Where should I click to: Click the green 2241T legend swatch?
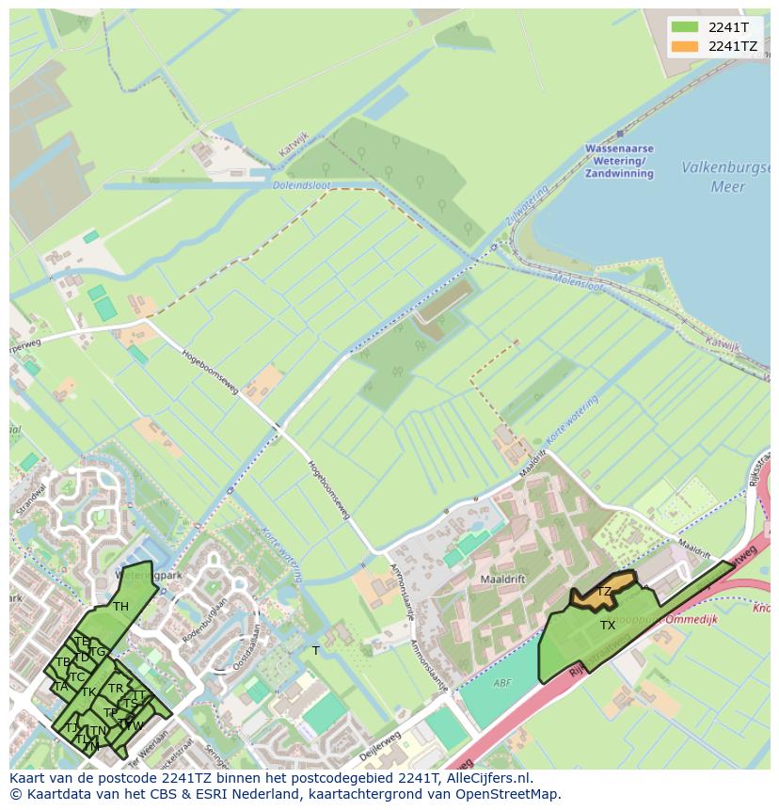tap(685, 27)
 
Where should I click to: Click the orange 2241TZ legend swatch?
tap(685, 46)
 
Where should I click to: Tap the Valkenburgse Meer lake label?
tap(727, 177)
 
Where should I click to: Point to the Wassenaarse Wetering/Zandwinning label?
tap(619, 161)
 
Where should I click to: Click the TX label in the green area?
tap(608, 626)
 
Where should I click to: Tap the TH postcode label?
tap(120, 607)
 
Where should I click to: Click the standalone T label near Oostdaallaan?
tap(316, 650)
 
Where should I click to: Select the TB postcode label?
tap(63, 662)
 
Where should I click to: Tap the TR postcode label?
tap(116, 689)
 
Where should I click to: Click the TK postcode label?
tap(88, 692)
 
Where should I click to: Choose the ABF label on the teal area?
tap(503, 683)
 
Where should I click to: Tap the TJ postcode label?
tap(72, 727)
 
